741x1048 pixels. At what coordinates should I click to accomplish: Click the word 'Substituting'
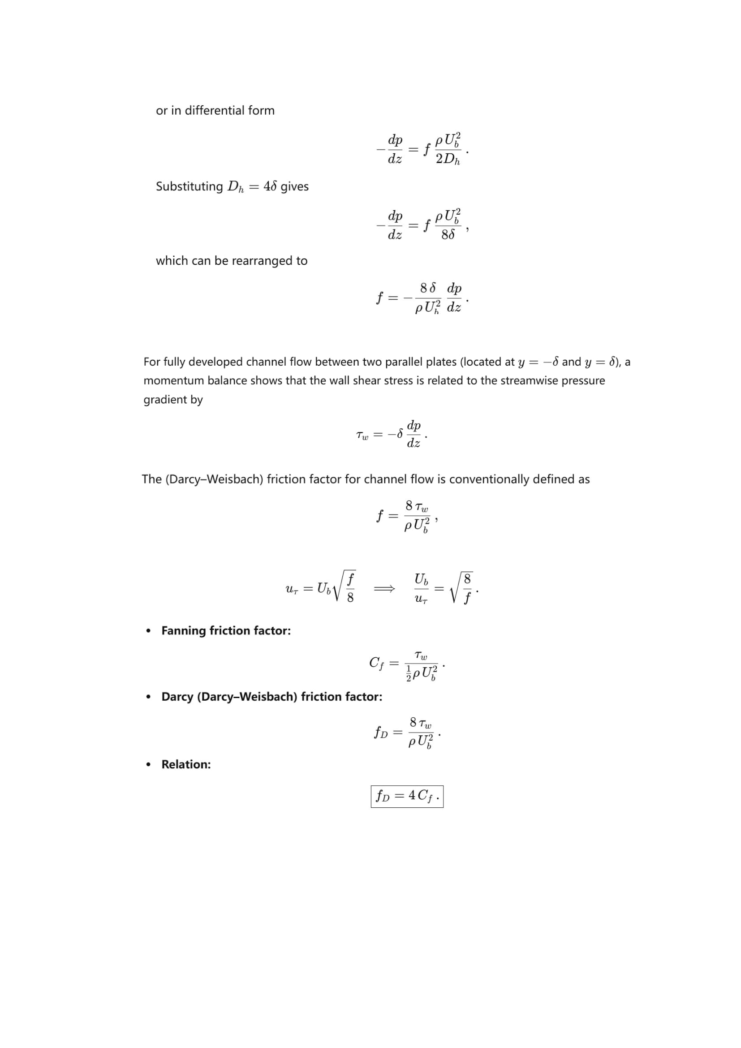(189, 187)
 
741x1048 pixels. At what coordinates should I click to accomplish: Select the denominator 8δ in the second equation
(448, 235)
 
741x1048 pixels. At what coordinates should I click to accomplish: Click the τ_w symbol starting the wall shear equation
(362, 435)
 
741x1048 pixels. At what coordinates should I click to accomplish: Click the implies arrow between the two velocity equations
(384, 589)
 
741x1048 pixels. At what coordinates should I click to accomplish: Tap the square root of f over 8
(345, 587)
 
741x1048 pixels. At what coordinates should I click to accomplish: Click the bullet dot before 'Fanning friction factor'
(148, 631)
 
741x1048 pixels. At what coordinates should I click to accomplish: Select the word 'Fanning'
(183, 631)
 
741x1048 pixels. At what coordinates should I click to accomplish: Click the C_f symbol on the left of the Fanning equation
(376, 663)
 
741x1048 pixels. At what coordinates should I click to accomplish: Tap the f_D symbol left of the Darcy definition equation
(381, 733)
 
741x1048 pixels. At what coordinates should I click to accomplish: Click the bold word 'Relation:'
(186, 764)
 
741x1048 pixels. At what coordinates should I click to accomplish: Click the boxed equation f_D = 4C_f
(407, 797)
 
